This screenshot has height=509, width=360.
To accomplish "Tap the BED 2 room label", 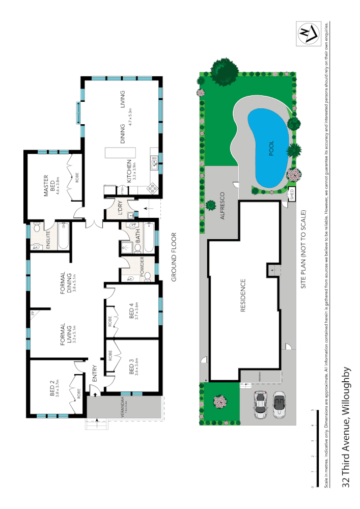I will tap(52, 389).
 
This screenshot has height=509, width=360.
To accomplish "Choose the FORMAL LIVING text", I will tap(66, 334).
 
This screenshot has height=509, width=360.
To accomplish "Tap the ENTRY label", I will tap(95, 374).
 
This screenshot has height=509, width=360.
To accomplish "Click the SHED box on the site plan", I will tap(292, 194).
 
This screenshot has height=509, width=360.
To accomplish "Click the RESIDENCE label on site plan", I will tap(243, 296).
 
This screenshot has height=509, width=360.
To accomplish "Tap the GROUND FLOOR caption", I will tap(173, 257).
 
